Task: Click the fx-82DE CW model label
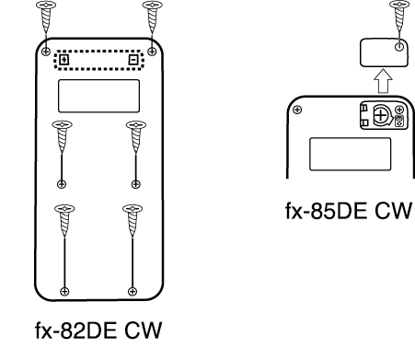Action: (98, 331)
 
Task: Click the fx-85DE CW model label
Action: (348, 211)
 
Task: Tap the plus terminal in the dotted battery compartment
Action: (63, 60)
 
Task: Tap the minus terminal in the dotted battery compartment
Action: (133, 60)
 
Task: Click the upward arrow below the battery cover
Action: (383, 81)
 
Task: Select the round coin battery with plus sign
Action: (381, 116)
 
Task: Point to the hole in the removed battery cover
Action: (399, 47)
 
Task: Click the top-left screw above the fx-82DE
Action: (46, 16)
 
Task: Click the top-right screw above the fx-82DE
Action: (153, 16)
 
